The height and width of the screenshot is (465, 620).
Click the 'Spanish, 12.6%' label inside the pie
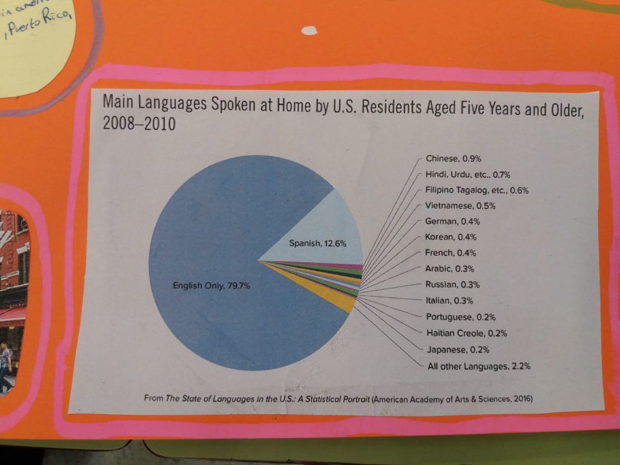(317, 244)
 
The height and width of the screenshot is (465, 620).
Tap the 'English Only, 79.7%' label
(211, 286)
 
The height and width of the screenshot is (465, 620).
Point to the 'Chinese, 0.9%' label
(453, 159)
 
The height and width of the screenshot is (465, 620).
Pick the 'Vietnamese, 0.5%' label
(460, 206)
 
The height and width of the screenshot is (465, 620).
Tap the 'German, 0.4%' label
(452, 221)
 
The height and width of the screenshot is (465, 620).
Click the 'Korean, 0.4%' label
(451, 237)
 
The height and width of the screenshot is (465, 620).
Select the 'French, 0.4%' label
(450, 252)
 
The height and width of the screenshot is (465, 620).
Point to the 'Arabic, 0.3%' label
(450, 268)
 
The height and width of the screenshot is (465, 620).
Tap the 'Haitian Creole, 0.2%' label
(466, 333)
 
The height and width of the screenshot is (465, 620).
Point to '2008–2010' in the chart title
(139, 125)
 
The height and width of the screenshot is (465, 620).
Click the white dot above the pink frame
(309, 30)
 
